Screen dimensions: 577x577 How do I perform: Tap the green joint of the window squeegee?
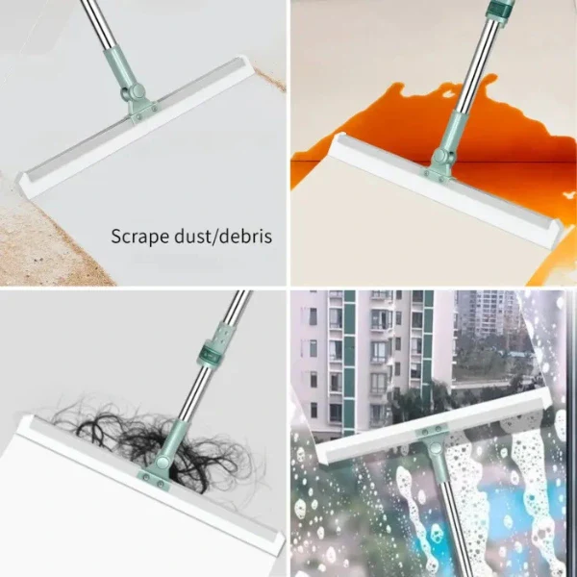tap(435, 444)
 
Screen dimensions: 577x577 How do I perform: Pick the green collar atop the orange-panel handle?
tap(496, 11)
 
